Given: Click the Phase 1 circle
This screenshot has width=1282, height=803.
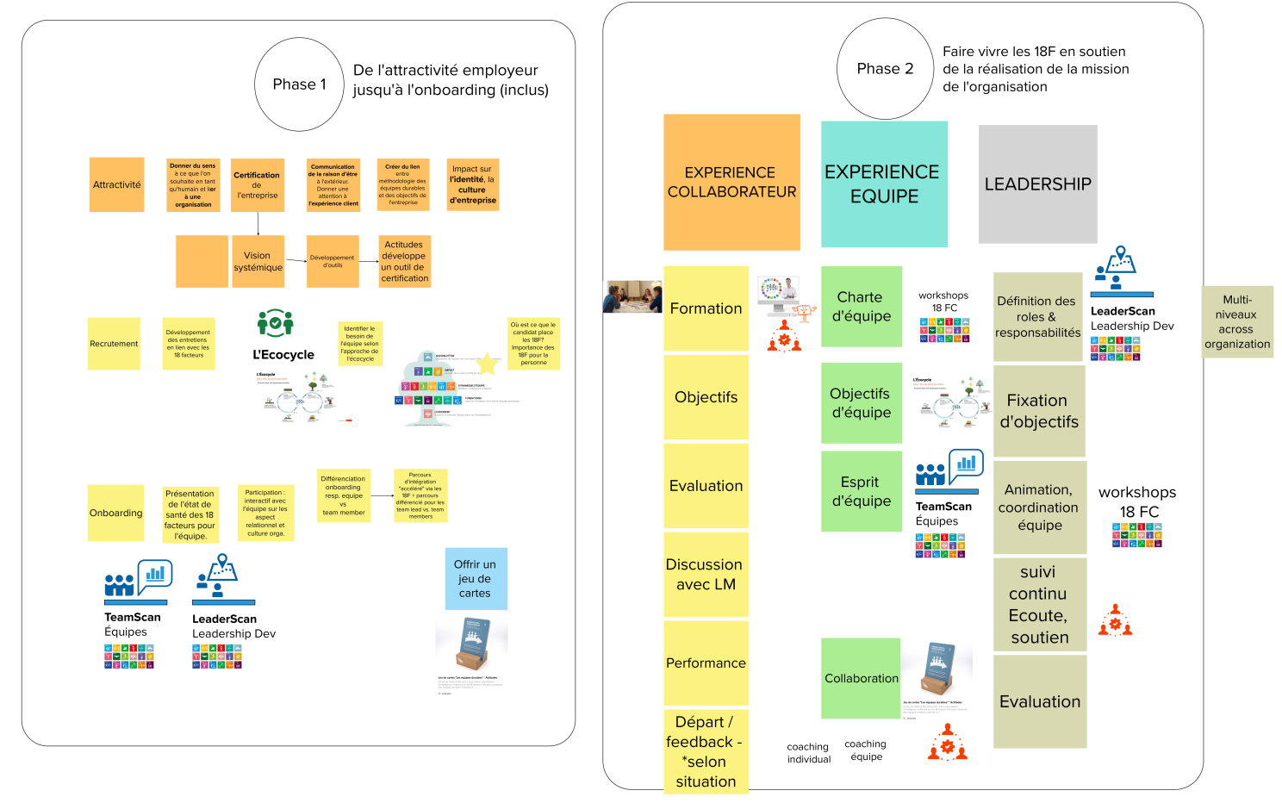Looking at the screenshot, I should [x=300, y=84].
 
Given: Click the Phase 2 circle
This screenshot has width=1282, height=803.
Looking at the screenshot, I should [x=885, y=69].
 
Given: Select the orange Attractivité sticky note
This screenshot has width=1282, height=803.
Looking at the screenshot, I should [x=116, y=184].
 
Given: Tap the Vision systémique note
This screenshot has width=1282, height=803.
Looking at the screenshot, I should [x=258, y=261].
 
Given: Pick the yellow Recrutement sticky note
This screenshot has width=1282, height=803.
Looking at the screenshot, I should [x=114, y=344].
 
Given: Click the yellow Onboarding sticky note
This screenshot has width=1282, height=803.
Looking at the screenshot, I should [x=115, y=513].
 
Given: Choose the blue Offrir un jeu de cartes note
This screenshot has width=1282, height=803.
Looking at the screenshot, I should [x=476, y=578].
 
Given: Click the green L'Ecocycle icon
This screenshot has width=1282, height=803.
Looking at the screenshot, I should [x=276, y=323].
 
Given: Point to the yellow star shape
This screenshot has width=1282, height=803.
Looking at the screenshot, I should [x=488, y=363].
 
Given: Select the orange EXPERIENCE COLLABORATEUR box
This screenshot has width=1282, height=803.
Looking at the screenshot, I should [x=731, y=182].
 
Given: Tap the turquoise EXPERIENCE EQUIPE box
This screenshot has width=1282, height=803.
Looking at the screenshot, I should [x=884, y=184].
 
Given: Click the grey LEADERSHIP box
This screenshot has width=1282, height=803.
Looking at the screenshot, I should [x=1037, y=184].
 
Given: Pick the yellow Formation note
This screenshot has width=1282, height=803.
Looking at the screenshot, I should [x=706, y=308].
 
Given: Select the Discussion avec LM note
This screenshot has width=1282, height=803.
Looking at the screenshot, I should [x=706, y=574].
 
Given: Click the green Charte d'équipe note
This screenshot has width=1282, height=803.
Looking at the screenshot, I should [x=861, y=306].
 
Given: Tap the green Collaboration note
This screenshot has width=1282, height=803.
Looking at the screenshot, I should [x=861, y=678].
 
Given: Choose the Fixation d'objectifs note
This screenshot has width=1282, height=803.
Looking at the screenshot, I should [x=1039, y=411].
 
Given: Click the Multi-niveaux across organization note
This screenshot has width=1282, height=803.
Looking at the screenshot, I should [x=1237, y=321].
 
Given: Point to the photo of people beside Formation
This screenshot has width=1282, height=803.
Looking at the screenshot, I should [x=632, y=296].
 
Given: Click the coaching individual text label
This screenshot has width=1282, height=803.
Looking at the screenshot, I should [x=809, y=753].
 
